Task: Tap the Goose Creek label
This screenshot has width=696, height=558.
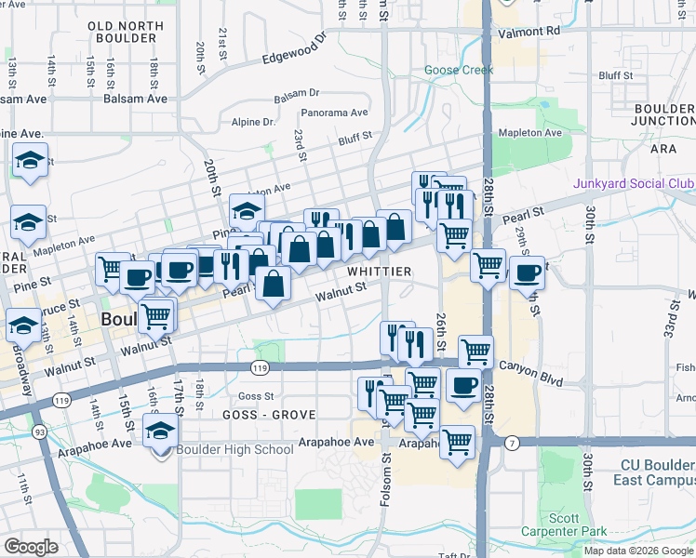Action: coord(459,70)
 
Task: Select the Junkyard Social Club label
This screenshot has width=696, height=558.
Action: coord(634,183)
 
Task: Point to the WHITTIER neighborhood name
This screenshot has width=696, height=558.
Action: coord(380,271)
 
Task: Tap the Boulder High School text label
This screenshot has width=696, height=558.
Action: coord(235,450)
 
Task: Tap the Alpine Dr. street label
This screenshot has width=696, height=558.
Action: coord(254,122)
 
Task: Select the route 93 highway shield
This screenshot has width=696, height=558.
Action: coord(40,432)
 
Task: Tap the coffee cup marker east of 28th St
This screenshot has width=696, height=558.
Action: coord(527,273)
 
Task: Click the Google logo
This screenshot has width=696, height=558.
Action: coord(32,547)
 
